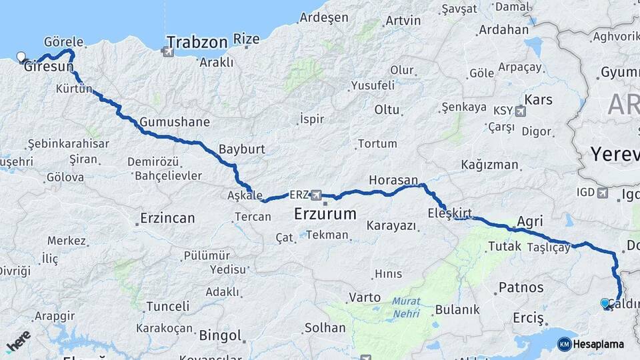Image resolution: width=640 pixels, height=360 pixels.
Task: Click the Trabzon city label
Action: pos(197,43)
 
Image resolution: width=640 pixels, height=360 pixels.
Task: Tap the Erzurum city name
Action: pos(325,215)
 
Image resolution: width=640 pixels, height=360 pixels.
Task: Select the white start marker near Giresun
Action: pos(21,57)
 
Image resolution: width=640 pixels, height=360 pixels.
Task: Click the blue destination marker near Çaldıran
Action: pos(605,303)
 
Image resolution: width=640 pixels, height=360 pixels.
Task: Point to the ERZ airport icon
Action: pos(315,195)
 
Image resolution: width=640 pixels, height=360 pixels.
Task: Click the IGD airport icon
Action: pos(603,193)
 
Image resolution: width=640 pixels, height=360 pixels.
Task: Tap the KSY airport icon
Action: pos(519,111)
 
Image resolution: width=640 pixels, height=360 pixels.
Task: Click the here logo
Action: pos(19,341)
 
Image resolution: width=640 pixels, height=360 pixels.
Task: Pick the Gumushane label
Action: pos(175,122)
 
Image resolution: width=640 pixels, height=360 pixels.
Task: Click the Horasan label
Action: pos(393,181)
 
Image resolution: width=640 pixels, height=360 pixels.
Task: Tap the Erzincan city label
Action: pos(167,218)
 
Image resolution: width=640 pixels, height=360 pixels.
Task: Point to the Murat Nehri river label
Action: pos(406,306)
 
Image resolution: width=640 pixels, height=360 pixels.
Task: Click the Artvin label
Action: pos(403,20)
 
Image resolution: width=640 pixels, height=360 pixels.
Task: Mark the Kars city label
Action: pos(539,100)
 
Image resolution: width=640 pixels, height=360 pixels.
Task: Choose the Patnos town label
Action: pos(521,288)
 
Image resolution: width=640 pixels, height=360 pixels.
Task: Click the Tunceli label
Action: pos(167,307)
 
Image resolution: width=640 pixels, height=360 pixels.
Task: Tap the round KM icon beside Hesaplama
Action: pos(564,344)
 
